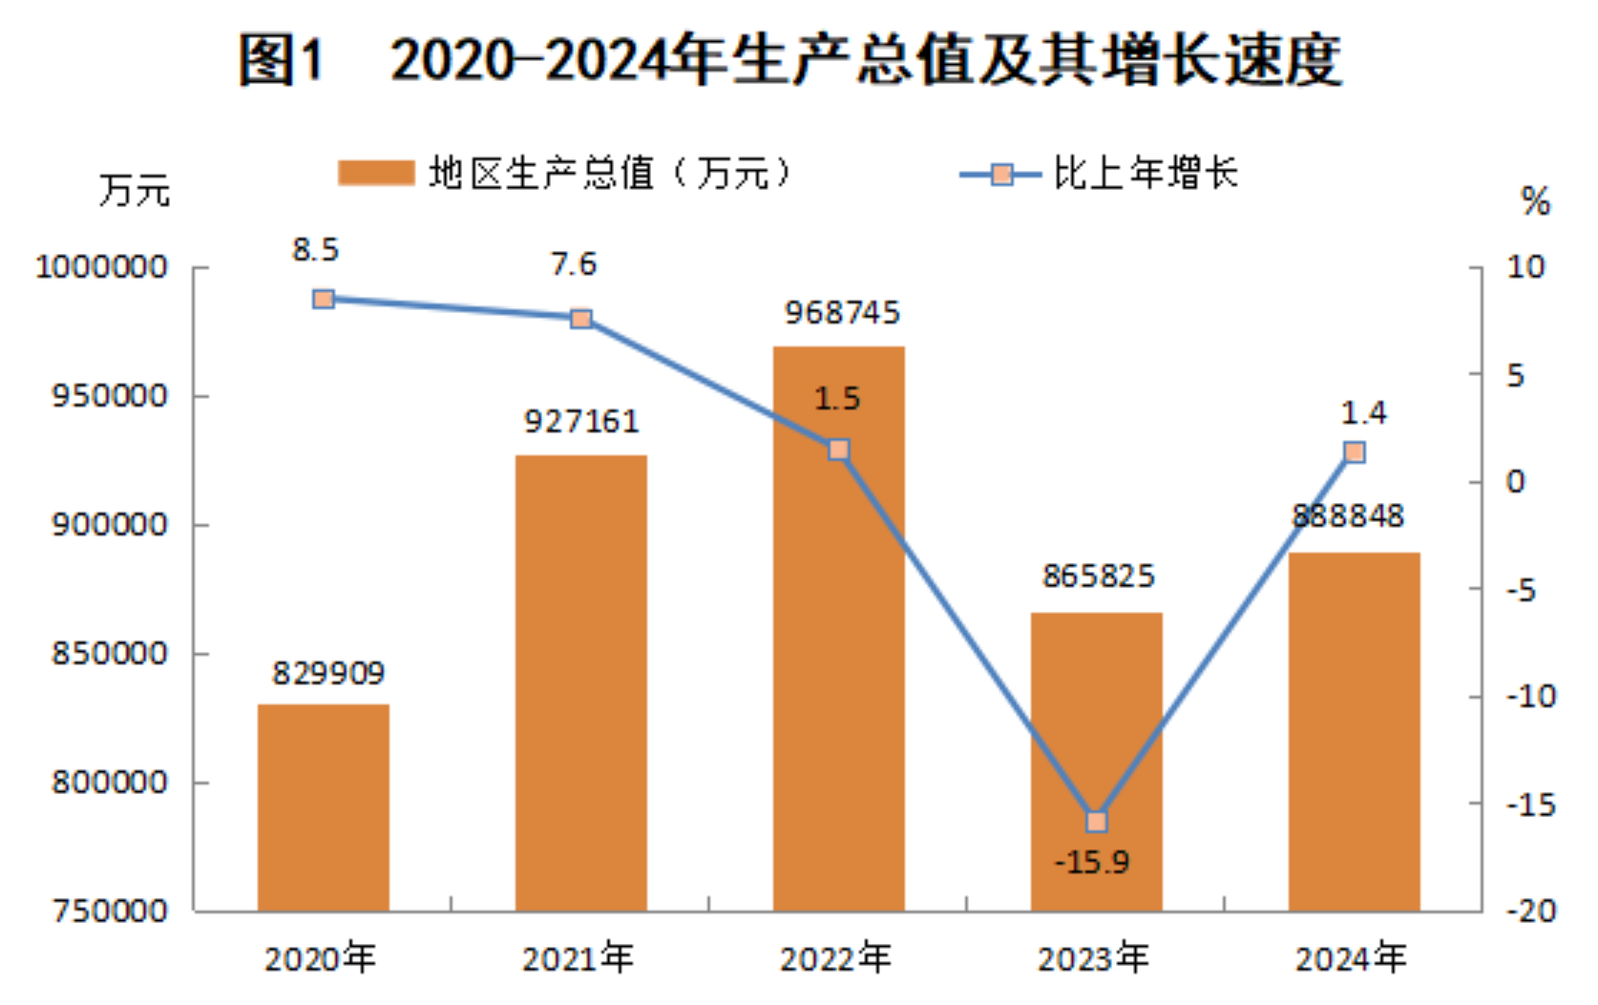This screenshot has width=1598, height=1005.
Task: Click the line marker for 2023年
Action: [x=1097, y=821]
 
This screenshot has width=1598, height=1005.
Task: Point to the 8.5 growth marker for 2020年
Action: [x=324, y=299]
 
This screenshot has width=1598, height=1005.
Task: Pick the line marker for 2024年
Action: [x=1354, y=451]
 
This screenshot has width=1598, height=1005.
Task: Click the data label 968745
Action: [x=842, y=313]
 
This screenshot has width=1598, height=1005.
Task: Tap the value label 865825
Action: [x=1098, y=576]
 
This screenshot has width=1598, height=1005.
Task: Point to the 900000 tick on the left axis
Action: [x=109, y=525]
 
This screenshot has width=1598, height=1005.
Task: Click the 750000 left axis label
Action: [x=109, y=911]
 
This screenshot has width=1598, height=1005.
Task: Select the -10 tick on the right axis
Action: [x=1530, y=697]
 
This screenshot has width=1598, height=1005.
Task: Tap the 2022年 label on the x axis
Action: [x=836, y=958]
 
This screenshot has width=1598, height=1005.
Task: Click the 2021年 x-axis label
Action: [x=578, y=958]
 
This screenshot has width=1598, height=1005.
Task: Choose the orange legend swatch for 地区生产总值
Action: [x=376, y=174]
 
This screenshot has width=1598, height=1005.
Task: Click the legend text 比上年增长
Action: [x=1146, y=174]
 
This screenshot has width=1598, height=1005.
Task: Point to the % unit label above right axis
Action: [x=1535, y=202]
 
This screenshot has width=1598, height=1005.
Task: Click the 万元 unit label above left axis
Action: [x=135, y=191]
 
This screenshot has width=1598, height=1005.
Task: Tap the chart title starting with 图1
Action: [x=790, y=59]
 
